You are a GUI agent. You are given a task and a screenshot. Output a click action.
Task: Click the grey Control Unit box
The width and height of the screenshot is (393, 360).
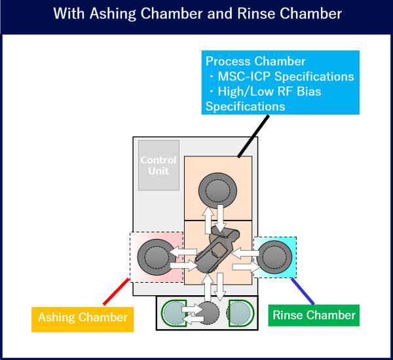click(159, 165)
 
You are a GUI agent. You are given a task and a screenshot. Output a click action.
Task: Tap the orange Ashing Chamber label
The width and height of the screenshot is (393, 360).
click(83, 317)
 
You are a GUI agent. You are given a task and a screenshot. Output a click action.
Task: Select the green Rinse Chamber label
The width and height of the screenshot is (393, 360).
click(314, 315)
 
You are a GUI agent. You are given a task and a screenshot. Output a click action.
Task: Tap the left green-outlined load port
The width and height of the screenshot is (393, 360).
click(176, 314)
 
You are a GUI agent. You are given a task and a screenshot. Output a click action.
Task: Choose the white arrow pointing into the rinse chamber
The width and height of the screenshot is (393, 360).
click(246, 266)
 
